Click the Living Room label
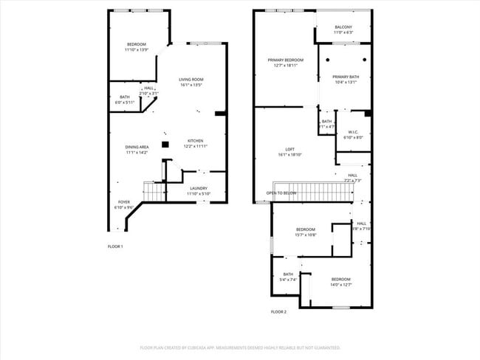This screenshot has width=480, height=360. pyautogui.click(x=191, y=80)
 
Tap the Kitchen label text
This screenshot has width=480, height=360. pyautogui.click(x=196, y=141)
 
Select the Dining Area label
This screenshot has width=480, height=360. pyautogui.click(x=137, y=147)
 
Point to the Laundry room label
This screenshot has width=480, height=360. pyautogui.click(x=198, y=188)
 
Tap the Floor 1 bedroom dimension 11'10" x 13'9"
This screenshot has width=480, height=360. pyautogui.click(x=136, y=49)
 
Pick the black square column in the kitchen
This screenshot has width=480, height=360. pyautogui.click(x=165, y=144)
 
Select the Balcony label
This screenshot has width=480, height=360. pyautogui.click(x=343, y=27)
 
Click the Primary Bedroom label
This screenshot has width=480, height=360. pyautogui.click(x=285, y=60)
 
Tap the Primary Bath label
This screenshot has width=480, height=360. pyautogui.click(x=345, y=77)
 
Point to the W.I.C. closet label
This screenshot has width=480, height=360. pyautogui.click(x=354, y=132)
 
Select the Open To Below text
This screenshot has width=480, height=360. pyautogui.click(x=281, y=193)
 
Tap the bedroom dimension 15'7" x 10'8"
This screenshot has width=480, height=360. pyautogui.click(x=306, y=235)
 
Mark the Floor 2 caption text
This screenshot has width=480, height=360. pyautogui.click(x=278, y=312)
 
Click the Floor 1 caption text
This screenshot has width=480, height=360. pyautogui.click(x=115, y=246)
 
